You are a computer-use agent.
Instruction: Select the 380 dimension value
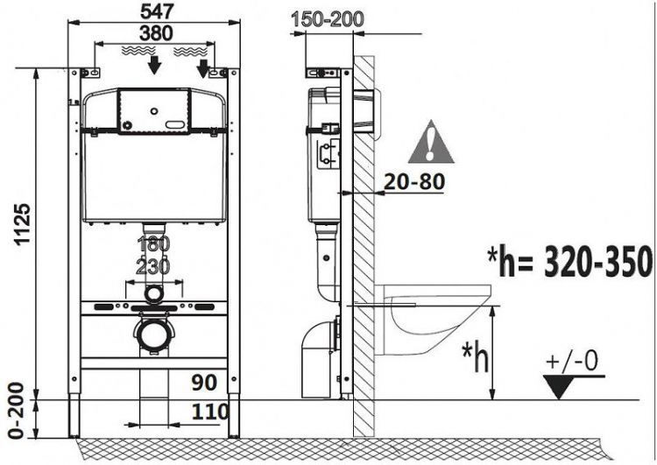(154, 32)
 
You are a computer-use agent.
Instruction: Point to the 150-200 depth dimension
(329, 18)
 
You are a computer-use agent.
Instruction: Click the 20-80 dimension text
(413, 182)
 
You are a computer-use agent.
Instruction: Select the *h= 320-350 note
(570, 261)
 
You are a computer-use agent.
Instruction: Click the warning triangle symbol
(431, 144)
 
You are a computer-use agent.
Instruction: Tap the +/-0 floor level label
(574, 361)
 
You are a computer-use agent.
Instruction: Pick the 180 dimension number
(154, 243)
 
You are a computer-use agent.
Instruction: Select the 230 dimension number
(154, 266)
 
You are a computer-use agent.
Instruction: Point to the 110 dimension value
(210, 411)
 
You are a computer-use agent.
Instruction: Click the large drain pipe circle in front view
(154, 333)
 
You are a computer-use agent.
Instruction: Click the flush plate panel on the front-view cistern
(154, 112)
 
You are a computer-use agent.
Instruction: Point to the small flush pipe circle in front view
(154, 293)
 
